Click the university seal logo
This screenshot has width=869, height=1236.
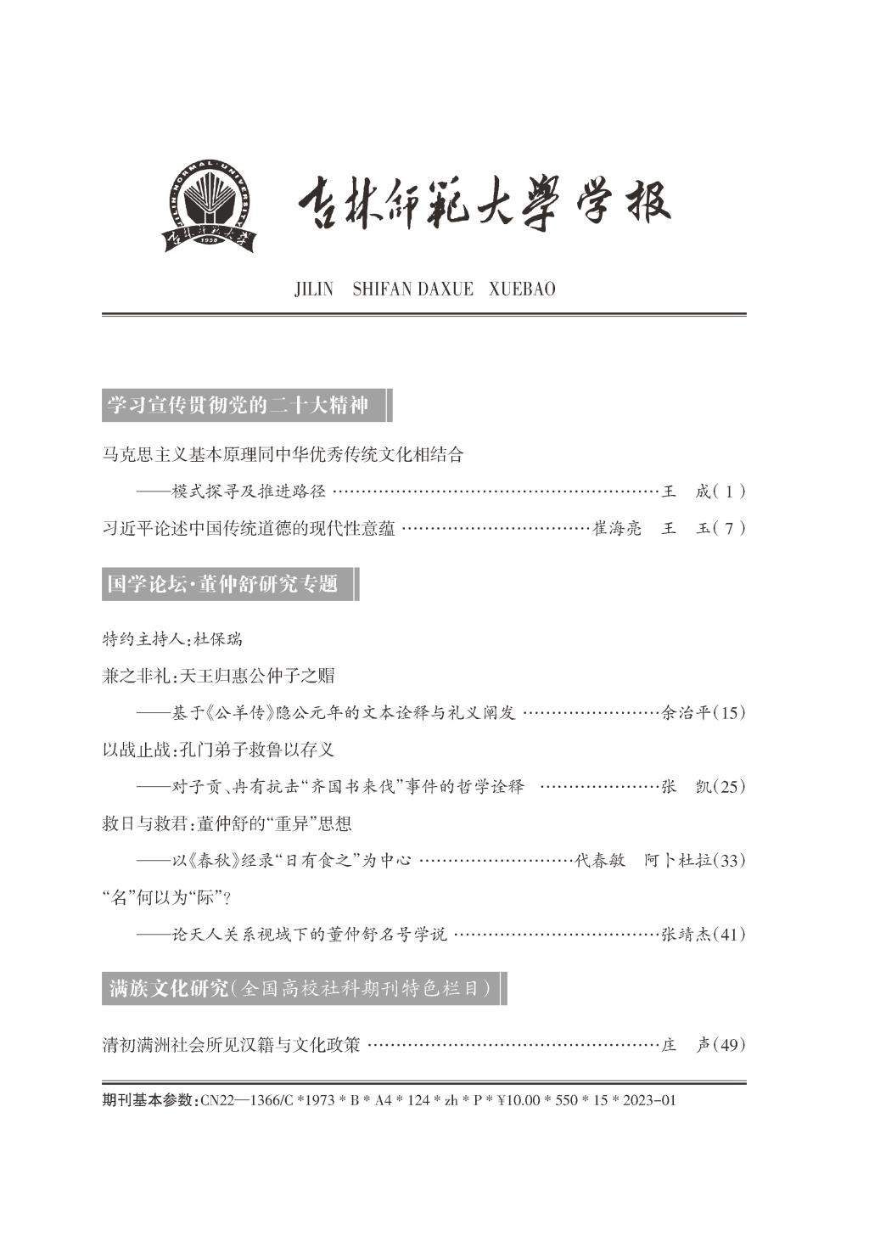pyautogui.click(x=209, y=205)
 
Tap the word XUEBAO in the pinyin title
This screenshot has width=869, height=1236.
pyautogui.click(x=523, y=289)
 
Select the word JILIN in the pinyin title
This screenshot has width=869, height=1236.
pyautogui.click(x=314, y=289)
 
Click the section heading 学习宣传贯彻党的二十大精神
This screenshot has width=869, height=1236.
pyautogui.click(x=238, y=406)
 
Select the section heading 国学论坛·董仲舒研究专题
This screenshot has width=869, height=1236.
pyautogui.click(x=222, y=584)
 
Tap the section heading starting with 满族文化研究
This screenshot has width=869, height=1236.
pyautogui.click(x=300, y=989)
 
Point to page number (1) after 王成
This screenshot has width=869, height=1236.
pyautogui.click(x=730, y=491)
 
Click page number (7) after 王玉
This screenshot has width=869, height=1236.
pyautogui.click(x=730, y=528)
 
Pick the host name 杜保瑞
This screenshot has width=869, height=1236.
pyautogui.click(x=218, y=638)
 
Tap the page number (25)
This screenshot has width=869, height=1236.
pyautogui.click(x=731, y=786)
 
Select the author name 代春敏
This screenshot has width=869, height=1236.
pyautogui.click(x=600, y=860)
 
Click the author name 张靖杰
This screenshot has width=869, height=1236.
pyautogui.click(x=685, y=934)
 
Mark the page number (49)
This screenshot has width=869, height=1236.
pyautogui.click(x=731, y=1044)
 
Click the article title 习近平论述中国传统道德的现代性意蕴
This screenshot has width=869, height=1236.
pyautogui.click(x=249, y=528)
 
